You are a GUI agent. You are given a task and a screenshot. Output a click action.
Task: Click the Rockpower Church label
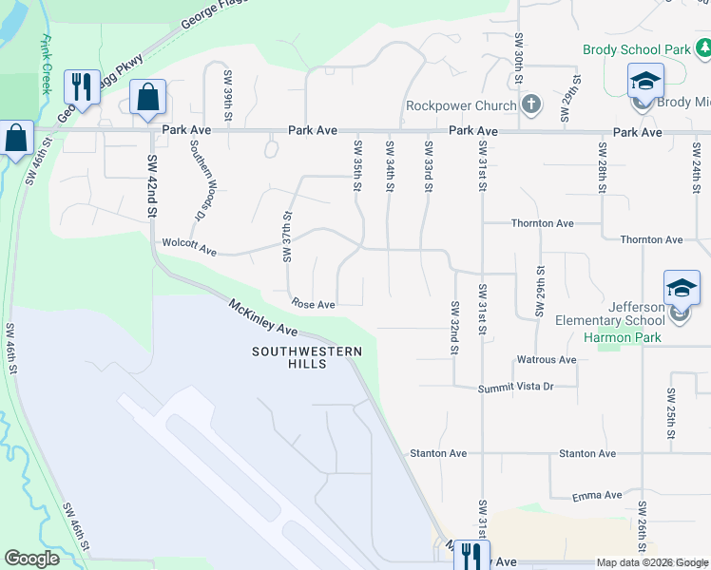461,105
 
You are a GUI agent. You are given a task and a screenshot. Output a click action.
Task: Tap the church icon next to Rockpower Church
531,104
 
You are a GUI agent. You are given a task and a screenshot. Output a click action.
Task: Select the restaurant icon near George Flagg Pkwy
81,87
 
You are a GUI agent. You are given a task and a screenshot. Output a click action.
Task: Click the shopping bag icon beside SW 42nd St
148,97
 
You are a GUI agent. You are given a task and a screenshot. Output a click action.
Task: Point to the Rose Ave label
314,305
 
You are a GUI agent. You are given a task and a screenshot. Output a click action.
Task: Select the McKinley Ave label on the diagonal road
264,317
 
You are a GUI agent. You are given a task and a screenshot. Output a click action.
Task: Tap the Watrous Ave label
546,360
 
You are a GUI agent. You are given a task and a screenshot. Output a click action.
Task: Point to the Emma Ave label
597,496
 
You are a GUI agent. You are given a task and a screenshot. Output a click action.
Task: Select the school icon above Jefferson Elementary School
682,288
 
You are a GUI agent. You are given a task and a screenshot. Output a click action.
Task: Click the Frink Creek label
44,65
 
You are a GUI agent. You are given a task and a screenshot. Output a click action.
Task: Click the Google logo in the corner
31,559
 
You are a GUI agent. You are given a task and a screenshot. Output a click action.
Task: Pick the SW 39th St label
228,95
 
